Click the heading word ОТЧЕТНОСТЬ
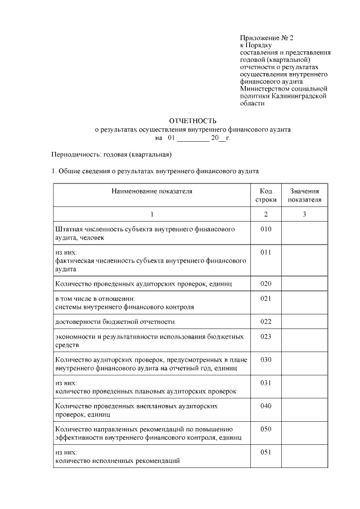pos(192,120)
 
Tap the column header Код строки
pos(265,195)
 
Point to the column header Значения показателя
pos(304,195)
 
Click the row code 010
pos(265,229)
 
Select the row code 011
pos(265,253)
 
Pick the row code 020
pos(265,283)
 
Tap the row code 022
pos(265,321)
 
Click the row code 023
pos(265,336)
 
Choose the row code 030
pos(265,359)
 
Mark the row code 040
pos(265,406)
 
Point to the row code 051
pos(265,452)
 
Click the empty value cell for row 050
pos(304,433)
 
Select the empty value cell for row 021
pos(304,303)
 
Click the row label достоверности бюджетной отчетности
pos(115,322)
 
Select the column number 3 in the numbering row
pos(304,214)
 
